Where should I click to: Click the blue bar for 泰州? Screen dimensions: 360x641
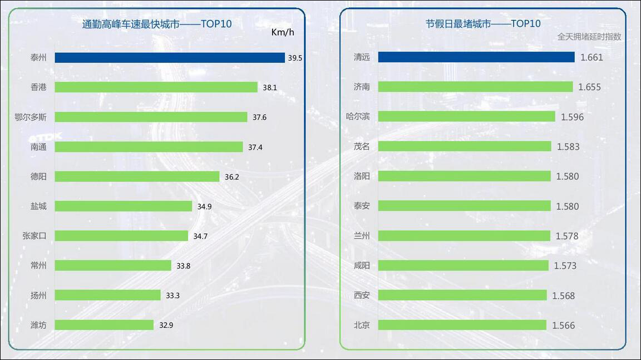[x=170, y=58]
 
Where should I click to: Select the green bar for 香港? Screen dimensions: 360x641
[x=156, y=87]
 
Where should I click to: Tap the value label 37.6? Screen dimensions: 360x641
[x=260, y=117]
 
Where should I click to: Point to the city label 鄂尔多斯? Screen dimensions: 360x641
[x=31, y=117]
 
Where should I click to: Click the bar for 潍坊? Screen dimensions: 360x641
[x=104, y=325]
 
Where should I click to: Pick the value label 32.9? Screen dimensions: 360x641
[x=166, y=326]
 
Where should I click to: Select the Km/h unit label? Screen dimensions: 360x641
[x=283, y=32]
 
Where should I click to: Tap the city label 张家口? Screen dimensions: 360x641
[x=34, y=236]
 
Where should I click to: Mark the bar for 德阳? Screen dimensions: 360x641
[x=137, y=176]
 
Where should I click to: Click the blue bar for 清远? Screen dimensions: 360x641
[x=476, y=57]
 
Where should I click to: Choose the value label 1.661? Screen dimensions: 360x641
[x=591, y=57]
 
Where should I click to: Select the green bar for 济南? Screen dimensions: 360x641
[x=475, y=87]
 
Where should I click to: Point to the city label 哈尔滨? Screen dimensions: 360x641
[x=358, y=116]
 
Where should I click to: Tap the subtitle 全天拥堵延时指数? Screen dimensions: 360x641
[x=589, y=37]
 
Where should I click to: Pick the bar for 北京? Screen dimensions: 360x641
[x=462, y=325]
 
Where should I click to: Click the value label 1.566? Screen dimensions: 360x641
[x=564, y=326]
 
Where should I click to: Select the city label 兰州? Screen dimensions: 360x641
[x=362, y=236]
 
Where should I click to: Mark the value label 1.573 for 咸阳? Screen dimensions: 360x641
[x=565, y=266]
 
